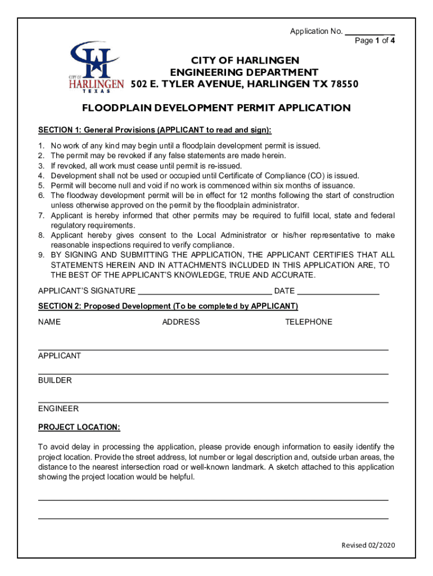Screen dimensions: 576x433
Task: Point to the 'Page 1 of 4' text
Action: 375,40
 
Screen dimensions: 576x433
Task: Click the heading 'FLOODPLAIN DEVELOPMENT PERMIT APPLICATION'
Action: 216,108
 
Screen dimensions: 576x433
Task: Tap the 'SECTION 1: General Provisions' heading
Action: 155,130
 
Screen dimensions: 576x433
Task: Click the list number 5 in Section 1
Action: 41,186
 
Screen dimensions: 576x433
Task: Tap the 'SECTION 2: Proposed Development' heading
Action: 168,306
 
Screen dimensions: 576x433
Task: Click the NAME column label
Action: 49,322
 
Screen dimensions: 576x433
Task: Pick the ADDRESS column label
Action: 181,322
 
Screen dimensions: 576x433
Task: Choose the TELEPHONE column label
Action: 308,322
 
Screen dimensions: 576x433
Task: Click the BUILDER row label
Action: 55,381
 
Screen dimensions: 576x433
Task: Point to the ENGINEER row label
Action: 58,409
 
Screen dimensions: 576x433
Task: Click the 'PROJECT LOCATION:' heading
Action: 79,427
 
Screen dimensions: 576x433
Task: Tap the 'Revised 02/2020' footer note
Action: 368,546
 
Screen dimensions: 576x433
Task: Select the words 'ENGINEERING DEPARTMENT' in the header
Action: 244,73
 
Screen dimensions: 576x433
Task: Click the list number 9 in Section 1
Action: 41,255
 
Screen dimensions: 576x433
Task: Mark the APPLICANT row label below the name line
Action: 60,356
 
